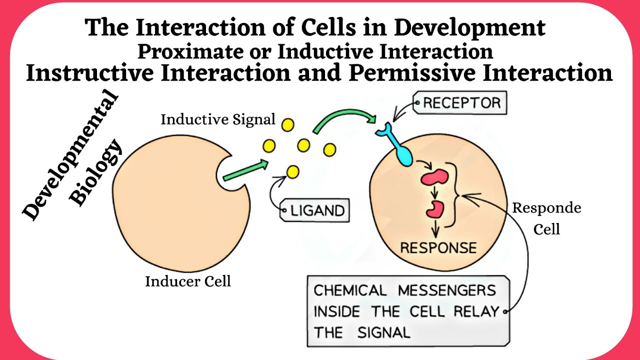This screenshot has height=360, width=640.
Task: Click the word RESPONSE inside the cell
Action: [x=438, y=247]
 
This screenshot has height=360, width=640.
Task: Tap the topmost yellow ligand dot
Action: [x=287, y=124]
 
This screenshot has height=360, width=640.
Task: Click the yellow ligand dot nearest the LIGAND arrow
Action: [x=292, y=172]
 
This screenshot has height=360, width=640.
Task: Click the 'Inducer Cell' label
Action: [x=188, y=281]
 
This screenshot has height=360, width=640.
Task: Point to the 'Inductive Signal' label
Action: [x=218, y=119]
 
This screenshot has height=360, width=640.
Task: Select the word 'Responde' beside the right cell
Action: [x=547, y=208]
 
